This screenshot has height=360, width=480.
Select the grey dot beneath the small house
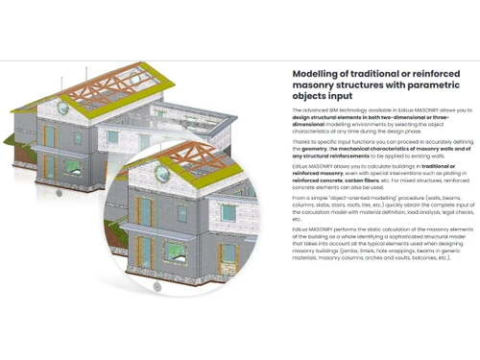[x=59, y=191]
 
